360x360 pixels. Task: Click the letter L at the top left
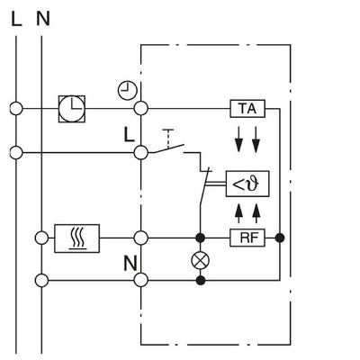tap(16, 17)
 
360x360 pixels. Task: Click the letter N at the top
tap(42, 17)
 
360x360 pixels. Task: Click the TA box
tap(246, 109)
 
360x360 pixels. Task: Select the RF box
tap(246, 238)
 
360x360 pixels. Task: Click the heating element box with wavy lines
tap(77, 238)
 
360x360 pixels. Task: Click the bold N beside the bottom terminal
tap(128, 265)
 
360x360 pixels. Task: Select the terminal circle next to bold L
tap(140, 153)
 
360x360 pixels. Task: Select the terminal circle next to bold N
tap(140, 281)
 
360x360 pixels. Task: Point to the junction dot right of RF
tap(280, 238)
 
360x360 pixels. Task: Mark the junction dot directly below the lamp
tap(200, 281)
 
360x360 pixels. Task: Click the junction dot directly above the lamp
tap(200, 238)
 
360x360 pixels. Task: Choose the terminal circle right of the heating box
tap(140, 238)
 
